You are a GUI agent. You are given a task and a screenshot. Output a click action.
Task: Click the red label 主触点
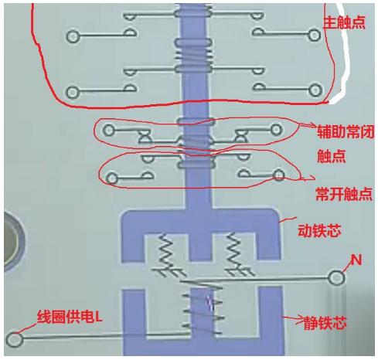click(344, 22)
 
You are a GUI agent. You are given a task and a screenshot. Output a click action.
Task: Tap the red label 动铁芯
click(319, 231)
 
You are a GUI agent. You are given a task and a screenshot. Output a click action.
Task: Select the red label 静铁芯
click(325, 323)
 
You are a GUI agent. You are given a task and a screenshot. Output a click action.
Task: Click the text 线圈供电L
click(70, 317)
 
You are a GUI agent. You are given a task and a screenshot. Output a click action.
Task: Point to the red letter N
click(356, 260)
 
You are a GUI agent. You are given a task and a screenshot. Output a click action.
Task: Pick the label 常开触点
click(344, 194)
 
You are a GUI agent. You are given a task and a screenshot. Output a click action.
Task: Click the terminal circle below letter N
click(336, 278)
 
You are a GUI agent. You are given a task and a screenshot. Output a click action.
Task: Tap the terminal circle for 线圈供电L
click(15, 340)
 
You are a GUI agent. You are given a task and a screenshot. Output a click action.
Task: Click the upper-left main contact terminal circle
click(73, 36)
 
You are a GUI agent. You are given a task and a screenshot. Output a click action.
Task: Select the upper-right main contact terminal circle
click(315, 36)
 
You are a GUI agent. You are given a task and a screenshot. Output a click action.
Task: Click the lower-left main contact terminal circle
click(73, 92)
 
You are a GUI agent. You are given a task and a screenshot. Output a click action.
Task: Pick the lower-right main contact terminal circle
click(315, 90)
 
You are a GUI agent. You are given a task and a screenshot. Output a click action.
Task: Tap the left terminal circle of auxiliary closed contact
click(108, 130)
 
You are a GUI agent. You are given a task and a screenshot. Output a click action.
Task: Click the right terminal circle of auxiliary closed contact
click(276, 130)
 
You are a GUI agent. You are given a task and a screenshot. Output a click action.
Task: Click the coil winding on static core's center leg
click(203, 307)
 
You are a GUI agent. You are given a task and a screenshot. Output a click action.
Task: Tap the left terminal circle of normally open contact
click(111, 178)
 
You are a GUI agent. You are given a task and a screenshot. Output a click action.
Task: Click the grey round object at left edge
click(13, 242)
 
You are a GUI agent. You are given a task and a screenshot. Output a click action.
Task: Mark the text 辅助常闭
click(346, 132)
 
